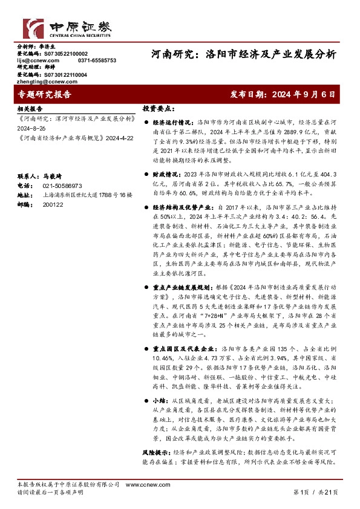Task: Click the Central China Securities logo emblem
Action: pos(34,28)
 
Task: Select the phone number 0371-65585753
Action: pos(97,60)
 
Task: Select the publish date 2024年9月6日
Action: pos(283,94)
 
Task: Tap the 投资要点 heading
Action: pos(159,109)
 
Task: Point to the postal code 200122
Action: pos(52,205)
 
